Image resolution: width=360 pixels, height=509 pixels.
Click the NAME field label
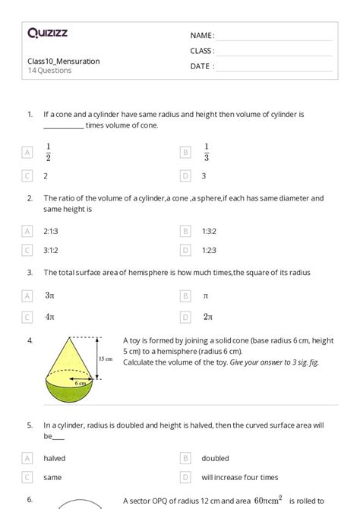(x=202, y=36)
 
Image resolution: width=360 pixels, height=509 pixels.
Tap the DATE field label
(x=202, y=66)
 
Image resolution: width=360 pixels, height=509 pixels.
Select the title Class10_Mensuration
(x=63, y=61)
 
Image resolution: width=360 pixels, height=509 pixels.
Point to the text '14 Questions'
(x=49, y=71)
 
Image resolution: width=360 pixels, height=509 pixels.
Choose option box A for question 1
(x=28, y=152)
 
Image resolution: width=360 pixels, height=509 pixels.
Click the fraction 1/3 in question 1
(x=206, y=152)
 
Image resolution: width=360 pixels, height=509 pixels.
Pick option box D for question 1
(x=185, y=175)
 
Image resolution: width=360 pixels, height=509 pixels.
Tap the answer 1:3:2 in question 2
(x=210, y=229)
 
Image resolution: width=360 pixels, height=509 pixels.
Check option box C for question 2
(x=28, y=249)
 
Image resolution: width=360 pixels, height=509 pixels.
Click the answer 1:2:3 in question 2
(x=210, y=249)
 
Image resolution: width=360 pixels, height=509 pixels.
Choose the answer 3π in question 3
(x=49, y=295)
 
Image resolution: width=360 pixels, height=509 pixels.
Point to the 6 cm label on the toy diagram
(x=80, y=384)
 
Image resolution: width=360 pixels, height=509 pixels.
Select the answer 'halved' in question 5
(x=55, y=458)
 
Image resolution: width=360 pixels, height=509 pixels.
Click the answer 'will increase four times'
(x=239, y=478)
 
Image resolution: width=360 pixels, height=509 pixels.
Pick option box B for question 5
(x=185, y=458)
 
